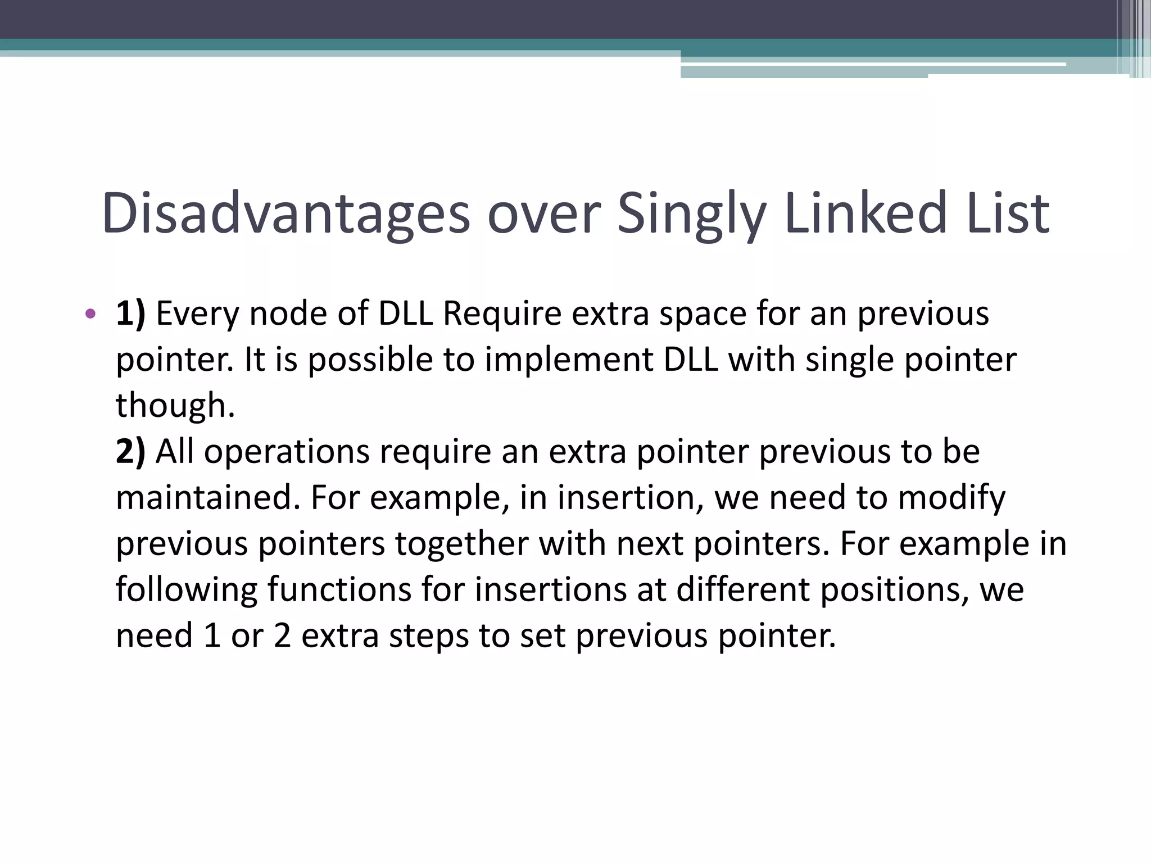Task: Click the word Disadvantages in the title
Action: point(286,214)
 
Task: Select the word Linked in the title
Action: point(866,214)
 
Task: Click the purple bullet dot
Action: point(90,314)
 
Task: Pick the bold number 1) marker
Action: point(130,314)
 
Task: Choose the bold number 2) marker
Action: point(130,452)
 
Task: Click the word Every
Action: point(197,314)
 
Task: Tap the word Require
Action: point(502,314)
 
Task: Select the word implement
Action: point(569,360)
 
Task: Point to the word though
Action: point(175,406)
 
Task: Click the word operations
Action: point(287,452)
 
